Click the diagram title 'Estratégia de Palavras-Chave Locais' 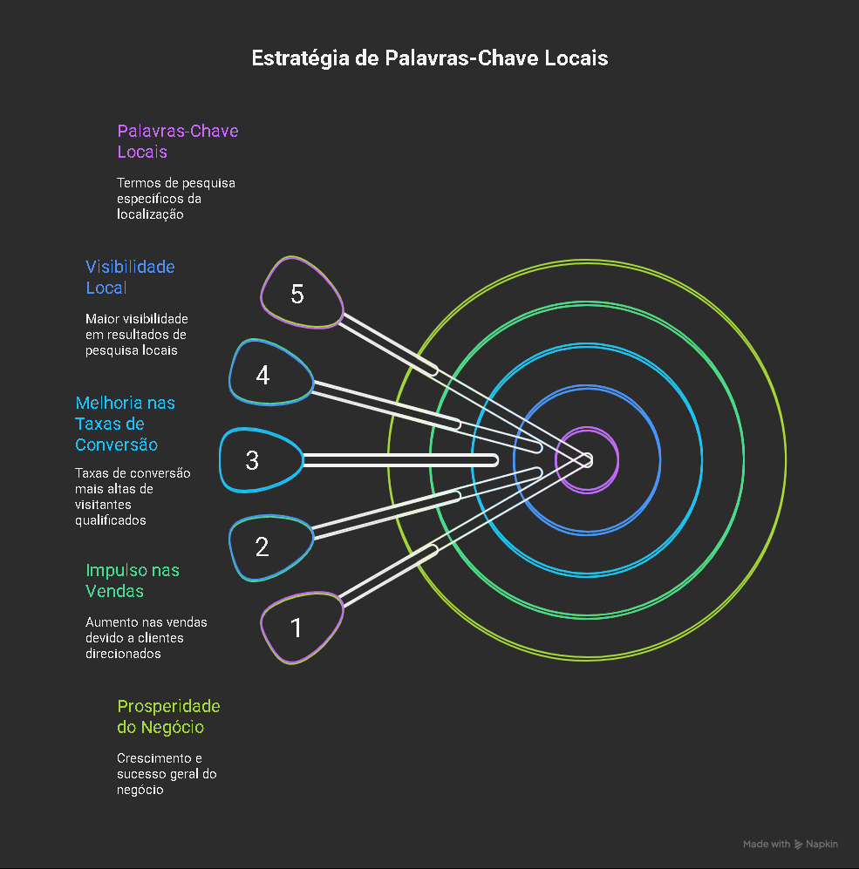(429, 58)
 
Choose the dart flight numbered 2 (268, 547)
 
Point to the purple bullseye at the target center (587, 460)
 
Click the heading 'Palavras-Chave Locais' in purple (177, 141)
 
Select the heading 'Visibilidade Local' (130, 277)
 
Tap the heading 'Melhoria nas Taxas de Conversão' (125, 424)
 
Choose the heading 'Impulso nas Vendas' (132, 580)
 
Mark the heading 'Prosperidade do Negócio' (168, 716)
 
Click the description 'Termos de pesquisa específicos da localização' (175, 199)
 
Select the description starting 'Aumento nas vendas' (146, 638)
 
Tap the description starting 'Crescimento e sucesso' (167, 774)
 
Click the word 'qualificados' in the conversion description (110, 520)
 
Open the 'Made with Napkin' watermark (790, 844)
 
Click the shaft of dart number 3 (401, 459)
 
